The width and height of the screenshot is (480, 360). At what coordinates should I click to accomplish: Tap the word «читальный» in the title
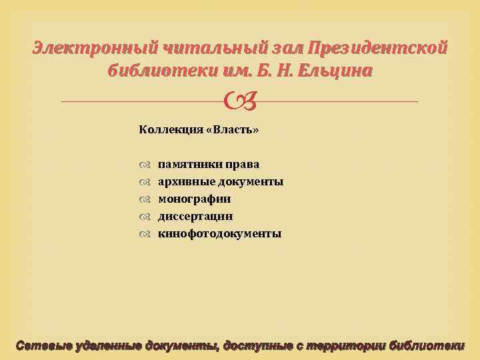click(x=201, y=48)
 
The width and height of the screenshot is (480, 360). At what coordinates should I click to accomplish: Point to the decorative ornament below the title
click(x=239, y=101)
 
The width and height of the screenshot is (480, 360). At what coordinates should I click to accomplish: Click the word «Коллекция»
click(x=167, y=129)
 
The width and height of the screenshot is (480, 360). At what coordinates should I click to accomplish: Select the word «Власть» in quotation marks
click(x=233, y=129)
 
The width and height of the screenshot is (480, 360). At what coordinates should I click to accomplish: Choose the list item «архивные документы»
click(x=220, y=181)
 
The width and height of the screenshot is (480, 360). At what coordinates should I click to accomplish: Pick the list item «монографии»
click(x=194, y=199)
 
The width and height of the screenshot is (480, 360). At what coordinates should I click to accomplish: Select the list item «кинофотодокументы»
click(x=219, y=233)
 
